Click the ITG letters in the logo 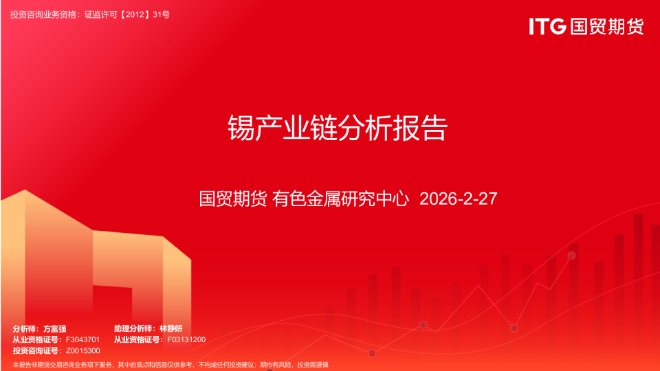click(547, 27)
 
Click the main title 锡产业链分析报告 click(338, 128)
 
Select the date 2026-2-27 click(458, 199)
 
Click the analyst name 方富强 click(54, 329)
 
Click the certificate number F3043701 click(82, 339)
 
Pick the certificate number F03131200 click(186, 339)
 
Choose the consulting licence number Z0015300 click(82, 350)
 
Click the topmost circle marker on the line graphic click(571, 256)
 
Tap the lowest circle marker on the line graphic click(372, 353)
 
